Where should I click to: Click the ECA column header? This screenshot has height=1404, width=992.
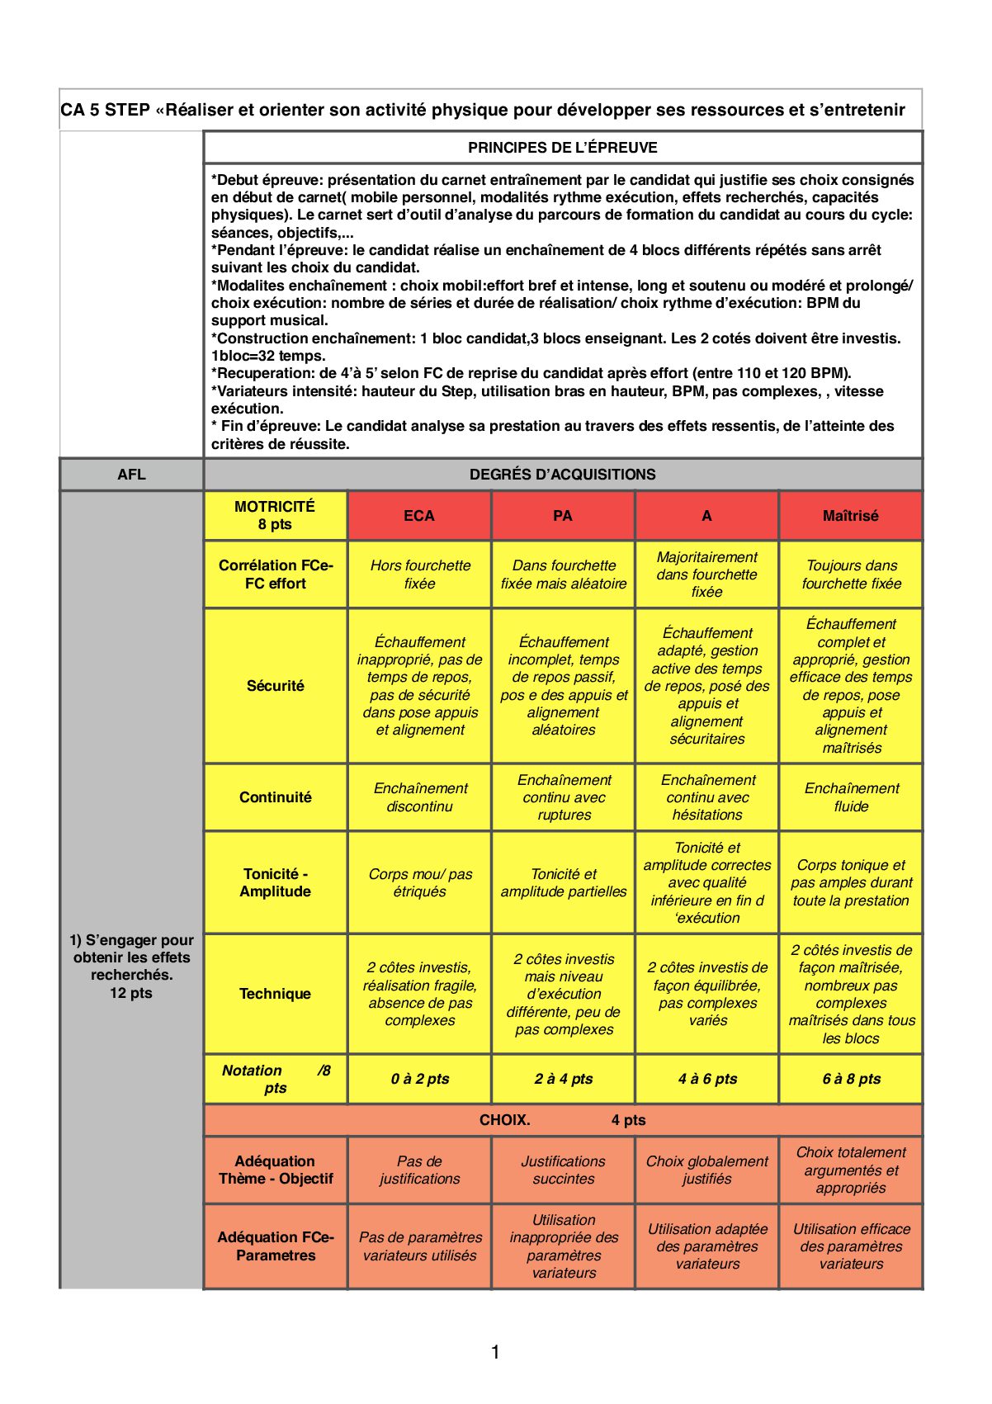419,516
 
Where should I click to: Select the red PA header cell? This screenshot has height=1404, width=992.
563,516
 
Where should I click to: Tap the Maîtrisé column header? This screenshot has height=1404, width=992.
851,516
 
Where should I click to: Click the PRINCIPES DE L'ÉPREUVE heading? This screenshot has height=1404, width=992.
563,148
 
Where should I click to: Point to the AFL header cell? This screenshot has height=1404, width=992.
131,475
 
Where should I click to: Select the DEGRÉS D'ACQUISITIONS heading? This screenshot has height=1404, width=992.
563,475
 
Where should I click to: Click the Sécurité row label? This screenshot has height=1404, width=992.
275,686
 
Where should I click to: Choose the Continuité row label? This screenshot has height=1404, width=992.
275,797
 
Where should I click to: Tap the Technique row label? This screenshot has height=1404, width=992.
275,994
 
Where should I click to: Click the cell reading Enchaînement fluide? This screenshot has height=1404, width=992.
851,797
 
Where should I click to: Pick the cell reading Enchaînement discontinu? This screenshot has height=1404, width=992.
419,797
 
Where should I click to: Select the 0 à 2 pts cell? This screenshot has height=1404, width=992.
419,1079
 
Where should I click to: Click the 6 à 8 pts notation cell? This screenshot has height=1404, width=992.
851,1079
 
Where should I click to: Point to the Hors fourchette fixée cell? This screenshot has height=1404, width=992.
419,574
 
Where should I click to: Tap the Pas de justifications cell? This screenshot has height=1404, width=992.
419,1170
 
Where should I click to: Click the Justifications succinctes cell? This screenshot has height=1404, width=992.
563,1170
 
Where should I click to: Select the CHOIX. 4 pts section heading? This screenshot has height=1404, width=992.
563,1120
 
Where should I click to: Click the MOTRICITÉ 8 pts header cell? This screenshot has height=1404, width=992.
275,516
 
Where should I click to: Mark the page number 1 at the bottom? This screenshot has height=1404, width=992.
495,1352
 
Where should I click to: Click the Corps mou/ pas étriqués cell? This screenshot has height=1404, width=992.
419,882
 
